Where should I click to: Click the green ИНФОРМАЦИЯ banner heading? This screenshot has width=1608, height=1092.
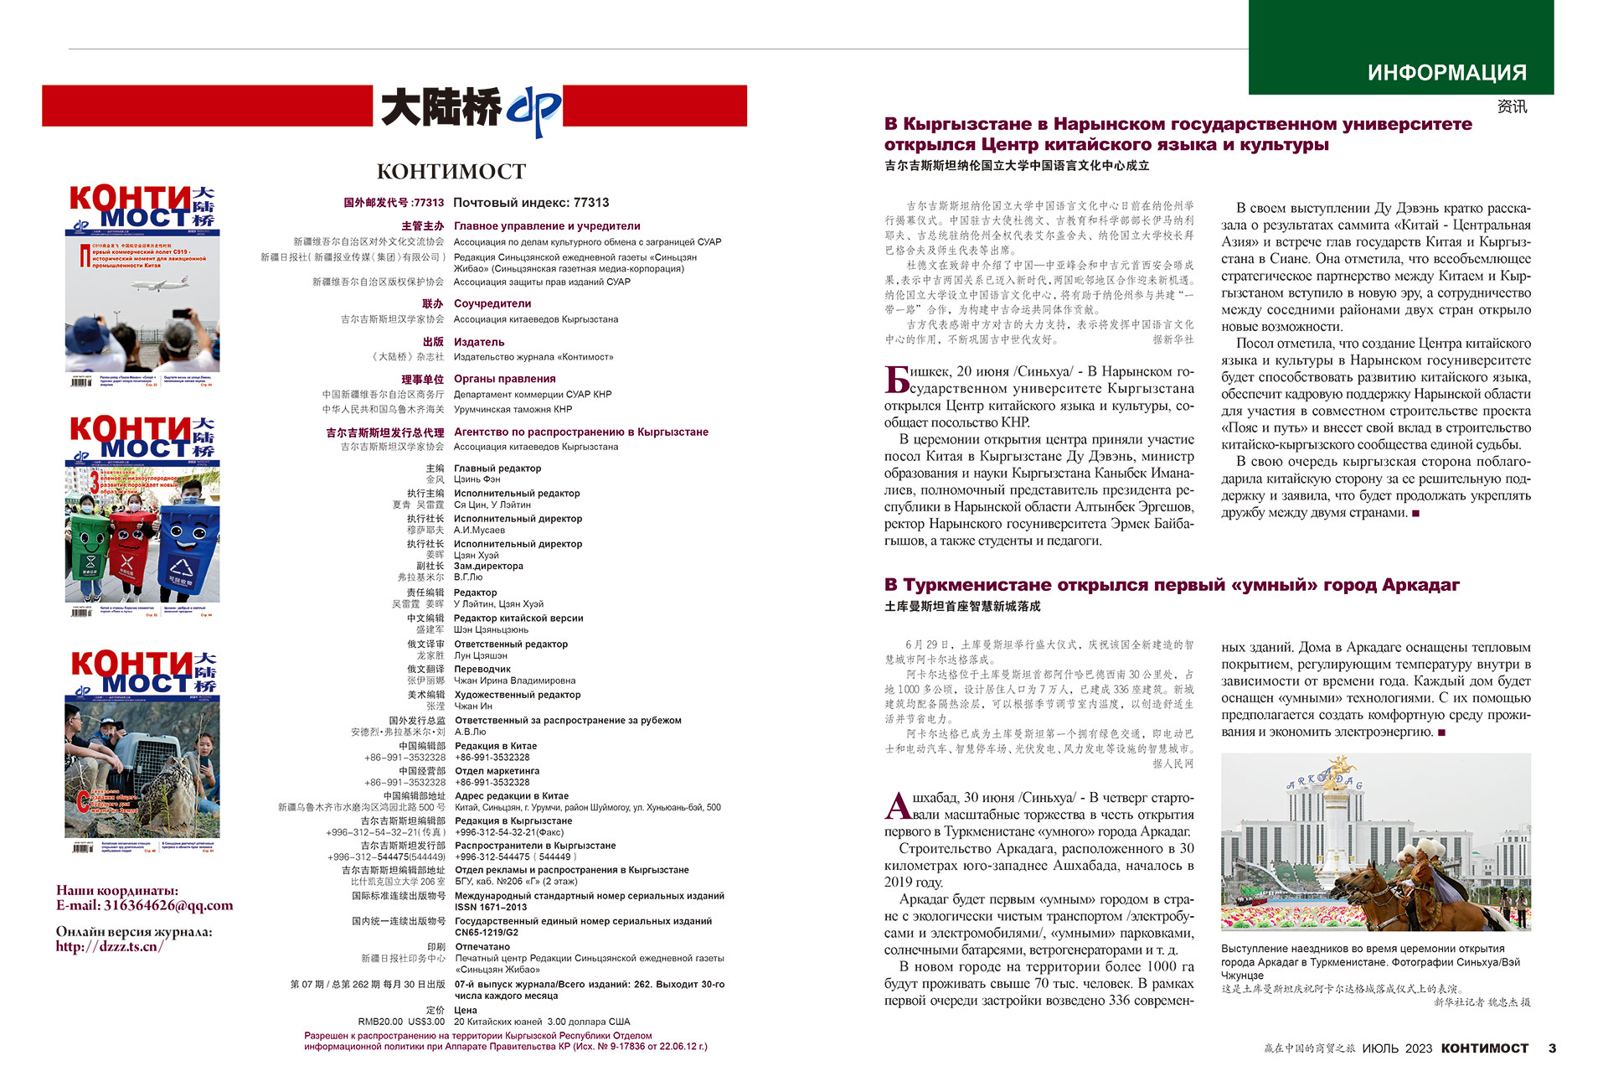[x=1446, y=73]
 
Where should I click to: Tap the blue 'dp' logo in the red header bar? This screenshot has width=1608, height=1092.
[x=533, y=110]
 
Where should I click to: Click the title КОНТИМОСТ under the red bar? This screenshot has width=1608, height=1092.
[x=451, y=172]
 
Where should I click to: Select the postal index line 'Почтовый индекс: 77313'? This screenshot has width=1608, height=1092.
[x=531, y=203]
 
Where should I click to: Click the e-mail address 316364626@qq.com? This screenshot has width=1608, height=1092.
[x=168, y=905]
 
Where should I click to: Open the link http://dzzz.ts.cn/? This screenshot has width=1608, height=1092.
[x=110, y=947]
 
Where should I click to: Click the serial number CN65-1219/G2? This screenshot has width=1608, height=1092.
[x=487, y=932]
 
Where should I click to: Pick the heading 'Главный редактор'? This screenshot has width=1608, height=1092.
[x=497, y=468]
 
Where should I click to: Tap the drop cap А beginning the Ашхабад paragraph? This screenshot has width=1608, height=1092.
[x=897, y=806]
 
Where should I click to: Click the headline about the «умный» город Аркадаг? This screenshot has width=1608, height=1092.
[x=1172, y=585]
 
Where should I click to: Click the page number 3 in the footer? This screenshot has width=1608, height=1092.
[x=1552, y=1048]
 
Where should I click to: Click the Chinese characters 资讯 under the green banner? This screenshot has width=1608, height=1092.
[x=1512, y=106]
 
